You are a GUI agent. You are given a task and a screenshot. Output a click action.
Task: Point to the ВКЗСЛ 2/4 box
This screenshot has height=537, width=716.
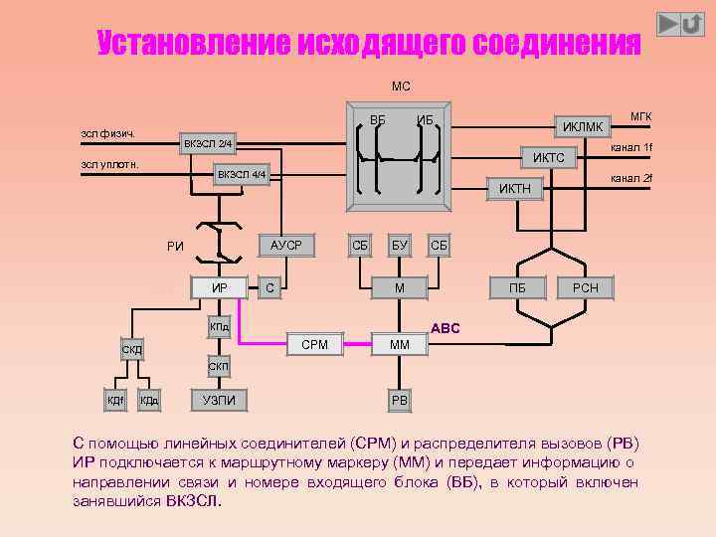point(208,145)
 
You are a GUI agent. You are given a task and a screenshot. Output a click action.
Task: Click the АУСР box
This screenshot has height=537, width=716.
point(285,245)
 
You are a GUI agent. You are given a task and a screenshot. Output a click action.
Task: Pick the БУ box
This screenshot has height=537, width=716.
point(400,245)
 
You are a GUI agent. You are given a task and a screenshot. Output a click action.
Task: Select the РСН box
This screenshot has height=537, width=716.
point(586,288)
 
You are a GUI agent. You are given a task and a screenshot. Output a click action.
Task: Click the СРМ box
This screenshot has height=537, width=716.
point(314,344)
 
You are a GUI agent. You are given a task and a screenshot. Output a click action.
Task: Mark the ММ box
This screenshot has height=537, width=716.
point(400,345)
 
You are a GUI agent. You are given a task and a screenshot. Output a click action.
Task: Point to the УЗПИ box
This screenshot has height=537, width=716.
point(219,400)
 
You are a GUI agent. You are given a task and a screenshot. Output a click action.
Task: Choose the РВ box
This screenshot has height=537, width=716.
point(400,401)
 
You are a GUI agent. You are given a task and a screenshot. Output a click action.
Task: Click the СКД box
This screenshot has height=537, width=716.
point(131,350)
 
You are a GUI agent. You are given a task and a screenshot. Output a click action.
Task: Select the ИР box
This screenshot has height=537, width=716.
point(220,288)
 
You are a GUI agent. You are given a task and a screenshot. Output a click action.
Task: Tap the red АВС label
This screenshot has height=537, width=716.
point(445,327)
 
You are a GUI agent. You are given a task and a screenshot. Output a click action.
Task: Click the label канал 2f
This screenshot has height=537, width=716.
point(630,178)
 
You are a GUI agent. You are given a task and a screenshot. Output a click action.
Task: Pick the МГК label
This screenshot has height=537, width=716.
point(640,116)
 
